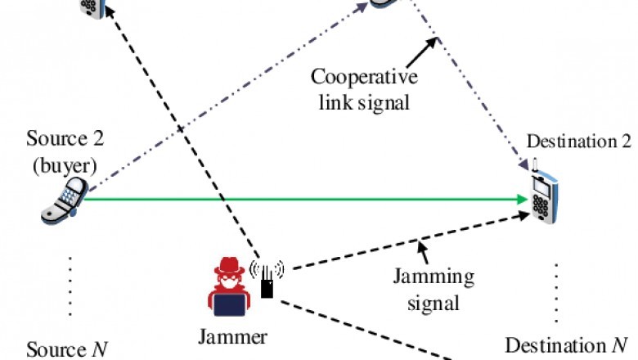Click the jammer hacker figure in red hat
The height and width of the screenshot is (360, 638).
tap(232, 288)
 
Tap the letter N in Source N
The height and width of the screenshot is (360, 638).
tap(99, 350)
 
